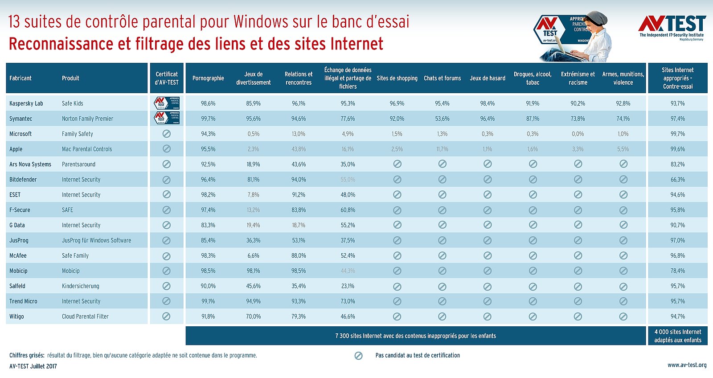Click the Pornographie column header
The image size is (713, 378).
tap(208, 78)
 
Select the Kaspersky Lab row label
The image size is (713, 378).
tap(26, 103)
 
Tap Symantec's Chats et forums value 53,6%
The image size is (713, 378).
tap(442, 119)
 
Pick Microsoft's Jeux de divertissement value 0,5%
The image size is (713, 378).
tap(253, 134)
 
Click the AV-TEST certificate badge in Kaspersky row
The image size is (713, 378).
tap(167, 103)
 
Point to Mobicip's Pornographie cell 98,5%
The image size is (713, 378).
tap(208, 271)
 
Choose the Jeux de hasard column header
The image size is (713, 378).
tap(488, 78)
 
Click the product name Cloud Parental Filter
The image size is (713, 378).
tap(85, 316)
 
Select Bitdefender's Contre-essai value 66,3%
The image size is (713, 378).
tap(677, 180)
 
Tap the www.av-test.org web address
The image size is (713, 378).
tap(687, 365)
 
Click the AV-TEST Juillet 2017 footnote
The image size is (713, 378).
tap(33, 366)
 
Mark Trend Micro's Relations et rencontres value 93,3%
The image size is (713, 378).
tap(299, 301)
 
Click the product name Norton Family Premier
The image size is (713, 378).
tap(87, 119)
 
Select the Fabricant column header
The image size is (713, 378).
tap(20, 78)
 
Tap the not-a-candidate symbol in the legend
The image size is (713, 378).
tap(358, 356)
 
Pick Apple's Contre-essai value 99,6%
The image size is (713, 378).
tap(677, 149)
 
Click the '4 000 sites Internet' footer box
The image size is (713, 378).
tap(677, 336)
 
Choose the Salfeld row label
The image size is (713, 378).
tap(17, 286)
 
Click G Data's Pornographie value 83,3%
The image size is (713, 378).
tap(208, 225)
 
